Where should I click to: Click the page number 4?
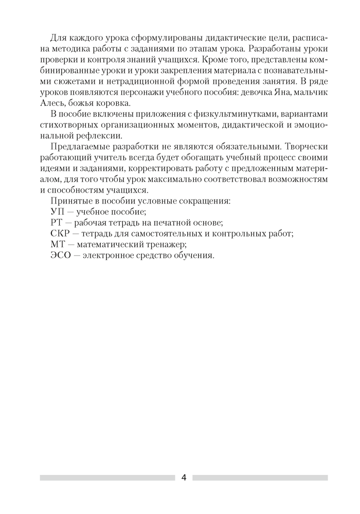tap(184, 478)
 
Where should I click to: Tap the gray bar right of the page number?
tap(260, 478)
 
